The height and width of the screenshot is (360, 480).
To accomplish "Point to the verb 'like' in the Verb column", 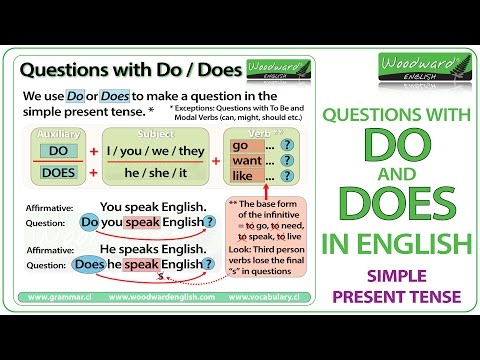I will coord(240,175).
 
